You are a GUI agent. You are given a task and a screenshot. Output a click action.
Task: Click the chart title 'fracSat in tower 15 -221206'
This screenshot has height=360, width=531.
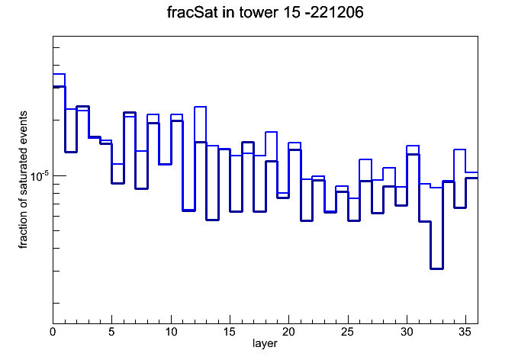[265, 12]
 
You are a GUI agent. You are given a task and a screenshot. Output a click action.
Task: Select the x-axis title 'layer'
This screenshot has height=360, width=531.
[265, 344]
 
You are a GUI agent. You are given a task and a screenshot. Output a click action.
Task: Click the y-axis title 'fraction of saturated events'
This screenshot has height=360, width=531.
[23, 179]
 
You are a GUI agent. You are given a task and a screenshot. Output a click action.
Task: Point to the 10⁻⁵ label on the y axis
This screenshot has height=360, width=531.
[40, 175]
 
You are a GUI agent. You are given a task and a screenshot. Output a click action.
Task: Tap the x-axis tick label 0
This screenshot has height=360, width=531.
[53, 332]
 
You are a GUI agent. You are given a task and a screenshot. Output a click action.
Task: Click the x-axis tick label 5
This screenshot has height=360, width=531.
[111, 332]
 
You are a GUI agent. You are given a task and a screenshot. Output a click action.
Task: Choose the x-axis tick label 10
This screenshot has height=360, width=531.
[171, 332]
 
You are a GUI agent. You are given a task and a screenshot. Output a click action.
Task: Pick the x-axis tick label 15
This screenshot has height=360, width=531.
[230, 332]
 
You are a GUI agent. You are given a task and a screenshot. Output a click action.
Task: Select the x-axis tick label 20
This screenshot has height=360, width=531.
[288, 332]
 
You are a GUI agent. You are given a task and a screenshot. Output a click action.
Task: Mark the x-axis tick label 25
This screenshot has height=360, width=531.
[347, 332]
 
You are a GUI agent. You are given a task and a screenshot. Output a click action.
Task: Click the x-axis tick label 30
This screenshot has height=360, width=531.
[407, 332]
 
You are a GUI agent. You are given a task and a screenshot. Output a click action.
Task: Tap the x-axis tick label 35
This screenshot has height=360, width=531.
[465, 332]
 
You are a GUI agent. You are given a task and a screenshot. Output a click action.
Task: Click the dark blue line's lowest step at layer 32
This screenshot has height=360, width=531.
[436, 268]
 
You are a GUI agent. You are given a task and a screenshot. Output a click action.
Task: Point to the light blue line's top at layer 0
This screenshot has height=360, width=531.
[59, 74]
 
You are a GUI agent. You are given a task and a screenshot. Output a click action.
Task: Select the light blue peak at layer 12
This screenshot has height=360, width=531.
[201, 107]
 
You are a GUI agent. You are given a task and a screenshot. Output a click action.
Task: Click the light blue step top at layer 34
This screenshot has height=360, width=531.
[460, 149]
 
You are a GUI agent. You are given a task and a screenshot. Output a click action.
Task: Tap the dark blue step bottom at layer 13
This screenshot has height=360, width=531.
[212, 220]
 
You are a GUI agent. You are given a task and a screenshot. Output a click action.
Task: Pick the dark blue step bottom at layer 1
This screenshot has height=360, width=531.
[71, 152]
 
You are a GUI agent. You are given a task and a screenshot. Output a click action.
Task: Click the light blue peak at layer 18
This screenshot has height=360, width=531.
[272, 132]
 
